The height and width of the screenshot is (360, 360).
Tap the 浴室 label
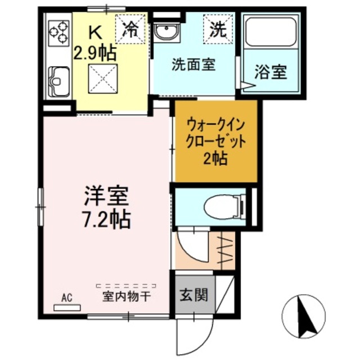tap(271, 71)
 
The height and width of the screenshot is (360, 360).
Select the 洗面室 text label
tap(193, 64)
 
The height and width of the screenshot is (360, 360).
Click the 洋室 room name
tap(107, 196)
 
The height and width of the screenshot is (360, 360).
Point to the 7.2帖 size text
tap(107, 218)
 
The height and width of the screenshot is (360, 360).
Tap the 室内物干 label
tap(125, 296)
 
